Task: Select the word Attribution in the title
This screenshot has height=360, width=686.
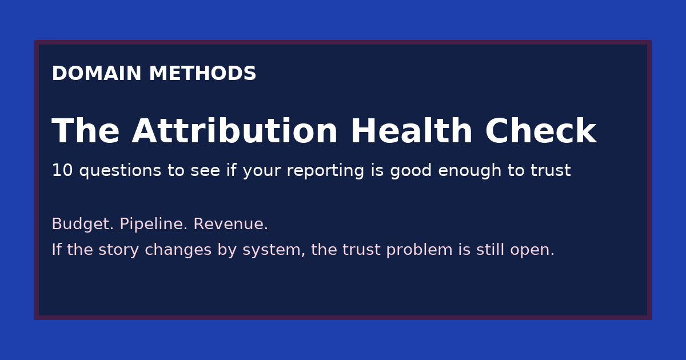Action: point(235,132)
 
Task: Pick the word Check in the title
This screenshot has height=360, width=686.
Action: point(540,132)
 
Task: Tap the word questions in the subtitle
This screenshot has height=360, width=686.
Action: point(120,171)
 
